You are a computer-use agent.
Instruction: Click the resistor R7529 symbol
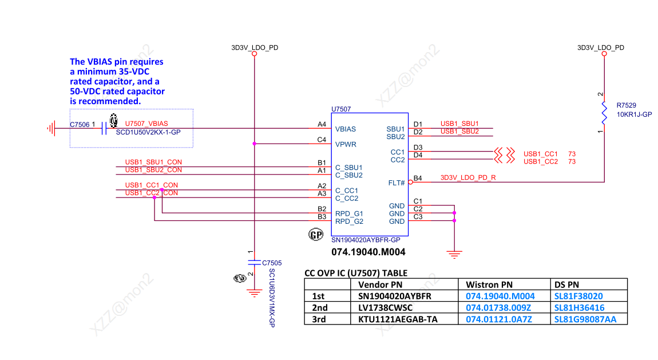tap(604, 113)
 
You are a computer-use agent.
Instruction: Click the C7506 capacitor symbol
tap(104, 128)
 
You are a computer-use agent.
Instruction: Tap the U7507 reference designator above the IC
tap(341, 109)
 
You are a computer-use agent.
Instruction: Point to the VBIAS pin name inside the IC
tap(346, 129)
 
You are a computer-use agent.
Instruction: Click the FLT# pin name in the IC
tap(396, 183)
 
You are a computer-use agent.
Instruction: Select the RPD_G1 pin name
tap(349, 213)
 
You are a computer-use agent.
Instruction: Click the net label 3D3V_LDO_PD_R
tap(468, 178)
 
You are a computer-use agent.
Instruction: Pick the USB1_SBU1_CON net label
tap(153, 163)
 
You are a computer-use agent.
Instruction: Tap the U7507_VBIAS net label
tap(146, 124)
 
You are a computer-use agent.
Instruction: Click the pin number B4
tap(418, 178)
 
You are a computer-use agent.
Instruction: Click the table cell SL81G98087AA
tap(585, 319)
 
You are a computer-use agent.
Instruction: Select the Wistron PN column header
tap(489, 284)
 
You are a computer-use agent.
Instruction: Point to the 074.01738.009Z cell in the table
tap(498, 308)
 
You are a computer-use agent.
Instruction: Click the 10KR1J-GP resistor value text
tap(635, 114)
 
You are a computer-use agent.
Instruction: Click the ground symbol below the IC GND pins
tap(454, 254)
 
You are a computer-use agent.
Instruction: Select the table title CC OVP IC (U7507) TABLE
tap(355, 273)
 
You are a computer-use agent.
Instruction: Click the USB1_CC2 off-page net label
tap(540, 162)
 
